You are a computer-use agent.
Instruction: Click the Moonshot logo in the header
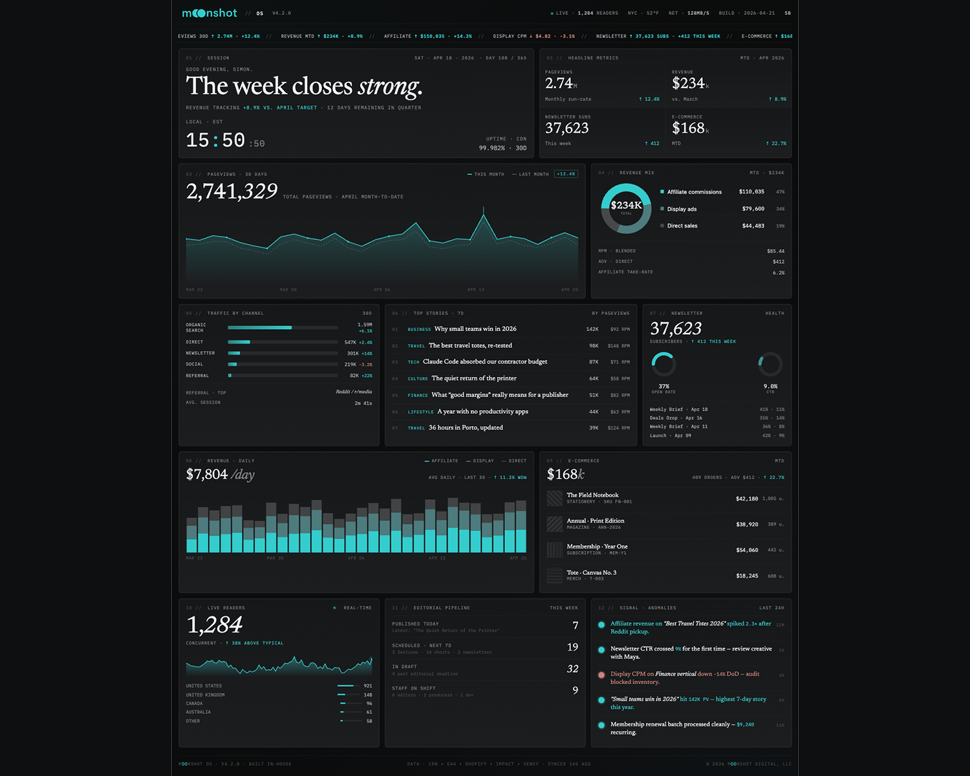point(210,13)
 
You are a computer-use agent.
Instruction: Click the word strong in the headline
point(390,86)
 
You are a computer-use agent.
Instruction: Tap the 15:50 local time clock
point(215,140)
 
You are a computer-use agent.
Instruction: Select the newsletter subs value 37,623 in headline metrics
point(567,128)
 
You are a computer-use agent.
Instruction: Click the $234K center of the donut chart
point(626,206)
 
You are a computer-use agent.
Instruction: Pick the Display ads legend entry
point(682,209)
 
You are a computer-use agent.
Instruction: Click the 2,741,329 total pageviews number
point(232,191)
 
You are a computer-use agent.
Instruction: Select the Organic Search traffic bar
point(260,328)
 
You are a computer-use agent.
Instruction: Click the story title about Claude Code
point(485,361)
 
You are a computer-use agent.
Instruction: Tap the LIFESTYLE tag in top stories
point(420,412)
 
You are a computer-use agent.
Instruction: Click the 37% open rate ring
point(663,364)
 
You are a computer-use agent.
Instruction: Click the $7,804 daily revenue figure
point(207,474)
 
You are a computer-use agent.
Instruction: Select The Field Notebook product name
point(592,495)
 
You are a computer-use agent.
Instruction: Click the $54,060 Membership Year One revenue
point(747,550)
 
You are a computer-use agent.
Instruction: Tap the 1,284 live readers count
point(214,625)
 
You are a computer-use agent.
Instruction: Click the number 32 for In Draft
point(572,669)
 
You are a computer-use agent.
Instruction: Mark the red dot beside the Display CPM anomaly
point(601,674)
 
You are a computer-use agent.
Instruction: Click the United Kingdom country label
point(205,695)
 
